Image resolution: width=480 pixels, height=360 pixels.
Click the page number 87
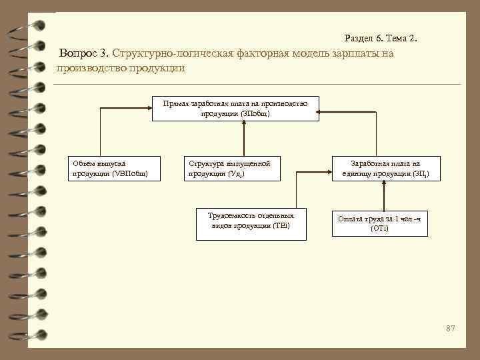click(451, 328)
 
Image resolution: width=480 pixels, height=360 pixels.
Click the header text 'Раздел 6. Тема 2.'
click(383, 39)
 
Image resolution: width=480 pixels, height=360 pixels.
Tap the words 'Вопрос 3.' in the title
click(84, 53)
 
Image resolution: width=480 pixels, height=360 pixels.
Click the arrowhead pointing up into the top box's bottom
click(245, 125)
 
